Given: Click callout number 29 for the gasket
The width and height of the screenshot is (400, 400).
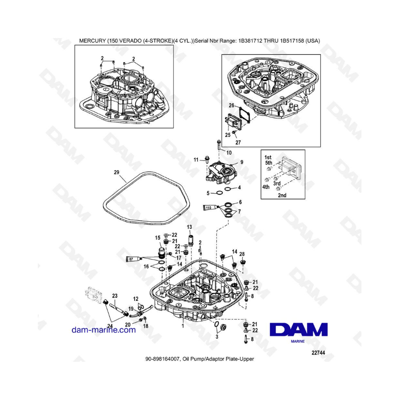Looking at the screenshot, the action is (x=116, y=172).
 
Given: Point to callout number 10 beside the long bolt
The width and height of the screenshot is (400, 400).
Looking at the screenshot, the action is (x=229, y=153).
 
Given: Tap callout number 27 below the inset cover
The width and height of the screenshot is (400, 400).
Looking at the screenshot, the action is (x=238, y=142).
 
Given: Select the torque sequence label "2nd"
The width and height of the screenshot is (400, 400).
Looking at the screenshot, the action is (x=282, y=196).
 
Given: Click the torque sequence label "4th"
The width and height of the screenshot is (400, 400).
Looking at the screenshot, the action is (x=266, y=187).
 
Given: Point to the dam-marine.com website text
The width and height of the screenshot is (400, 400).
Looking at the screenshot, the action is (x=104, y=330).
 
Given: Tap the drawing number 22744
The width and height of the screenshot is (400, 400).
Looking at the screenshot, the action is (x=318, y=353).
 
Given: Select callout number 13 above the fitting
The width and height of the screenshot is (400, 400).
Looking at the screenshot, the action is (x=189, y=227).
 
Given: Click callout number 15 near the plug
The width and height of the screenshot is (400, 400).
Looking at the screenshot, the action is (x=158, y=238).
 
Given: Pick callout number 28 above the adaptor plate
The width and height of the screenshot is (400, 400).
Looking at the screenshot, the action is (x=242, y=254).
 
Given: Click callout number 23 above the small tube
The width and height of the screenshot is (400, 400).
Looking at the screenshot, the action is (x=115, y=296).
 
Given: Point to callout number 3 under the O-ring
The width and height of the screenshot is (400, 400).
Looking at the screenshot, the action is (x=217, y=337).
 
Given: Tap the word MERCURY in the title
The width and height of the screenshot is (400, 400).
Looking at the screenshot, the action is (x=92, y=41).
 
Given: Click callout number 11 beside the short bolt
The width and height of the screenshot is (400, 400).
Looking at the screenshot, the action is (x=196, y=160).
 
